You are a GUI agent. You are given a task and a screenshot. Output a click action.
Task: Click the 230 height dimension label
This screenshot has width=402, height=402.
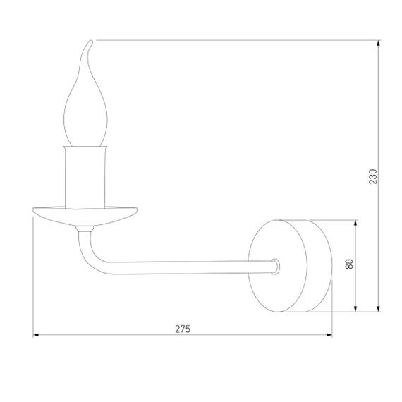374,176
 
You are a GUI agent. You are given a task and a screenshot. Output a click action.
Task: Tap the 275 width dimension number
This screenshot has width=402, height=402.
183,329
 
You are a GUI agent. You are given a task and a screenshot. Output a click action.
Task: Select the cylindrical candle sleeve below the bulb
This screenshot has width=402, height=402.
87,176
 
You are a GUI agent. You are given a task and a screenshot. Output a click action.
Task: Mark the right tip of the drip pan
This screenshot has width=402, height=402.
138,209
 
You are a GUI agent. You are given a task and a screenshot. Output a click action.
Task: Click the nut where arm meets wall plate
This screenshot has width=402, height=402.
276,266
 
